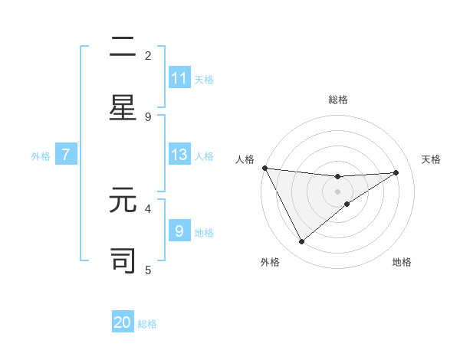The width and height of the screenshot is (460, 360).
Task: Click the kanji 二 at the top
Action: pos(123,47)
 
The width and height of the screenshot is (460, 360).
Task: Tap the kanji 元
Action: pos(123,201)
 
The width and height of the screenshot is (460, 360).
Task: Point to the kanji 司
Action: pos(123,260)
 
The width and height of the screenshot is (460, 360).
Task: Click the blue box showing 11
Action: pos(179,78)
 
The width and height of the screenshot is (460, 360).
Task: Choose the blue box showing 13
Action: pos(179,154)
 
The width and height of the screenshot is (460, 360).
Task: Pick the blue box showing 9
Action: pos(179,231)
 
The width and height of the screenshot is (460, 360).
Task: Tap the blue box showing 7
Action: pos(66,155)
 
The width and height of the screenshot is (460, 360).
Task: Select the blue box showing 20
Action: pos(123,322)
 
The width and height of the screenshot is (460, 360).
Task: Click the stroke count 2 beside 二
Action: pos(148,55)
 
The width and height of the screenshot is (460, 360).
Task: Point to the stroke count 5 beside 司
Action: pos(148,270)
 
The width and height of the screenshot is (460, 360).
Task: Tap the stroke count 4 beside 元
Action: pos(148,208)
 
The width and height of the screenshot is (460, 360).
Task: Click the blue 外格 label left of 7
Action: pos(41,155)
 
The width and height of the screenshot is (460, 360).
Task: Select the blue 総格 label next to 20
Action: pos(147,324)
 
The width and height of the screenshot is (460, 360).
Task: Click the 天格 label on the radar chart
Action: pos(431,159)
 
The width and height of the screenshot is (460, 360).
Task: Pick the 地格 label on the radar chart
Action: pos(402,262)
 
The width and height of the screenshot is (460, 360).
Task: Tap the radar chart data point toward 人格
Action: pos(264,168)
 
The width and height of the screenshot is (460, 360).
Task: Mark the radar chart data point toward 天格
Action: pos(396,172)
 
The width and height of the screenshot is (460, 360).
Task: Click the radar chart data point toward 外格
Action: pos(301,241)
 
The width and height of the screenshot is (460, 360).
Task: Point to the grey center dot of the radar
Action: pos(337,191)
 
